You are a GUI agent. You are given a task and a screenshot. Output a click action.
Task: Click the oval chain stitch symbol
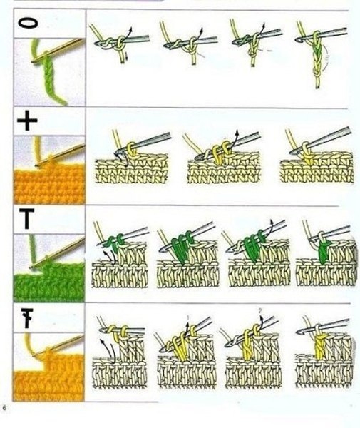click(28, 24)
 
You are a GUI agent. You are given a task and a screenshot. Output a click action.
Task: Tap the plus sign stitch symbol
click(27, 121)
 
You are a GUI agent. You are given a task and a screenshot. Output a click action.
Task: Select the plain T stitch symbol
click(26, 219)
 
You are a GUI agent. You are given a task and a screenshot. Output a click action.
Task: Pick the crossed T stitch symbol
click(28, 318)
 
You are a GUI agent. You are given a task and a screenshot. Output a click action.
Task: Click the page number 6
click(4, 408)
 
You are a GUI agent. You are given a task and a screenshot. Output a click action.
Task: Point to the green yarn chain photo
click(49, 72)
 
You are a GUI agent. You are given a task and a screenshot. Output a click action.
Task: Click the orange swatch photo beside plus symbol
click(50, 170)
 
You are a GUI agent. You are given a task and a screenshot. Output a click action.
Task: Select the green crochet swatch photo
click(50, 268)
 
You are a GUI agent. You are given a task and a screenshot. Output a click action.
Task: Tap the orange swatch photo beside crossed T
click(49, 367)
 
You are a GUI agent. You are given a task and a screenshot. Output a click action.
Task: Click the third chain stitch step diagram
click(257, 44)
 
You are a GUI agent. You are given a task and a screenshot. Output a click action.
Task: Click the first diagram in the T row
click(120, 255)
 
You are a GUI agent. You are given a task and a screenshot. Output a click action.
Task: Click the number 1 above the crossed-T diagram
click(188, 317)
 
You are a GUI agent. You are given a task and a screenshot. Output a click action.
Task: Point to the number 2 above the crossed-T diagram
click(260, 310)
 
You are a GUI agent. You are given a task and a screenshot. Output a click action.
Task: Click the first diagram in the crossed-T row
click(120, 354)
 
